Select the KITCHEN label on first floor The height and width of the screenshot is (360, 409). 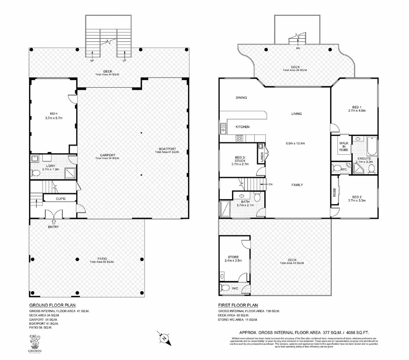pos(242,127)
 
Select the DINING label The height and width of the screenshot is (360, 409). pos(242,98)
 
